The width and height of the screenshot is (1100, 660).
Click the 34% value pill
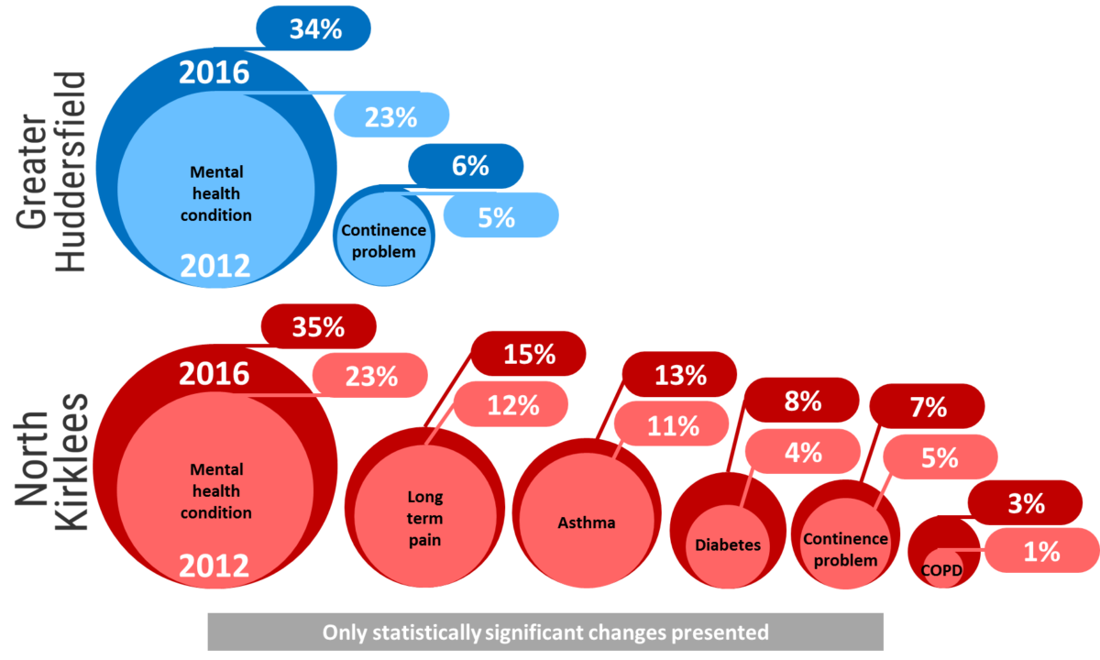coord(314,28)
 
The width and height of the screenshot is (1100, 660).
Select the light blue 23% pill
coord(391,116)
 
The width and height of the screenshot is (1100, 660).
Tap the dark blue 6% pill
coord(467,166)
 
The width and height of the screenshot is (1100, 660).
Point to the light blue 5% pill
coord(500,217)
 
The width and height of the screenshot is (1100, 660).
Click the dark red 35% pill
coord(318,327)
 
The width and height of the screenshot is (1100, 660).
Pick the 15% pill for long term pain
coord(529,354)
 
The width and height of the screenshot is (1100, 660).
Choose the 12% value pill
coord(511,405)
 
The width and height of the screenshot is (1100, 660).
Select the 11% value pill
coord(673,425)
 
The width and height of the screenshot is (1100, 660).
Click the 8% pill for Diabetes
coord(801,401)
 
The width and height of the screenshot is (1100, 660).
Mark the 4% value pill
coord(802,451)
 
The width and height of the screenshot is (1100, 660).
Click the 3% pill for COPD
coord(1025,503)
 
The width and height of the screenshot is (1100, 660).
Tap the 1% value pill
coord(1040,551)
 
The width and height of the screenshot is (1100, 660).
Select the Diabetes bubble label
coord(728,544)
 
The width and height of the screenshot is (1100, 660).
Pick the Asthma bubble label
coord(587,523)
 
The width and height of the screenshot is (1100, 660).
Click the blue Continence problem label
coord(384,241)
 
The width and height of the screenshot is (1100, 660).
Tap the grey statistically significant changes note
coord(545,632)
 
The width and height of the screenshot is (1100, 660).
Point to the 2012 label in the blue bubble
coord(214,266)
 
